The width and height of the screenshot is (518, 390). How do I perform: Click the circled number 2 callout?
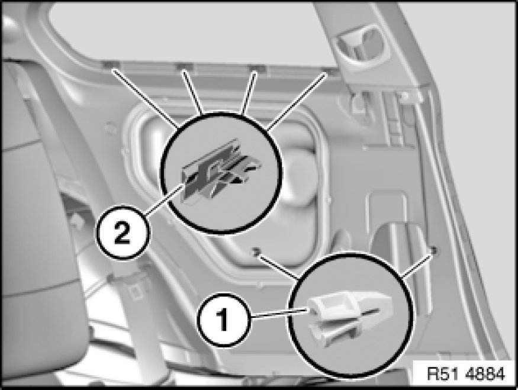tap(123, 232)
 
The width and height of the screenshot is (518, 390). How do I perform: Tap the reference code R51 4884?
tap(466, 374)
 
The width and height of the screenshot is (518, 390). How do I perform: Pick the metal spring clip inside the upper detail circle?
tap(220, 171)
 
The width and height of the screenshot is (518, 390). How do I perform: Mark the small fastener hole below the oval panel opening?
tap(255, 252)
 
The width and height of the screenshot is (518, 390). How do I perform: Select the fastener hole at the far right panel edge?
tap(434, 250)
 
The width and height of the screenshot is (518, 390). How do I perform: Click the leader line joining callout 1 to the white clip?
tap(280, 314)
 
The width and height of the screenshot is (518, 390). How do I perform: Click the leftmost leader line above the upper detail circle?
tap(146, 98)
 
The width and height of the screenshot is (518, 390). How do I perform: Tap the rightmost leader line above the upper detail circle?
tap(297, 101)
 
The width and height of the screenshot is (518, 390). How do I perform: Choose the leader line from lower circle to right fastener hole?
tap(417, 263)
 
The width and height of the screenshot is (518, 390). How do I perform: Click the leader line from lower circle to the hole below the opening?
tap(278, 265)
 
